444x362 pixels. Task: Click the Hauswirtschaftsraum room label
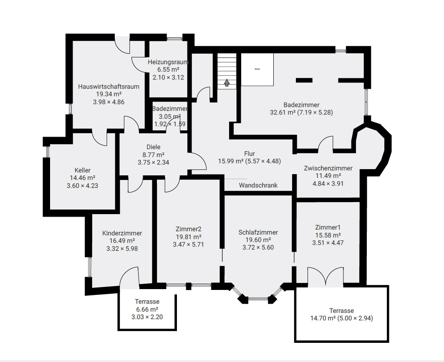108,87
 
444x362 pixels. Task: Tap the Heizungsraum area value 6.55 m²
168,70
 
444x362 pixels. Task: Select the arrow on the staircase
227,82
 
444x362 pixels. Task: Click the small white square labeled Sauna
257,70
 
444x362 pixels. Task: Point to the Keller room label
82,170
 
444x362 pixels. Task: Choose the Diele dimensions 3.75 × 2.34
153,162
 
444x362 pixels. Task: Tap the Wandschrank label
258,185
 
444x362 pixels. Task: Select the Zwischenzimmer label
328,168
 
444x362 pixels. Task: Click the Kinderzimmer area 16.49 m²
122,241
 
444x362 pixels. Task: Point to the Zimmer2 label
189,229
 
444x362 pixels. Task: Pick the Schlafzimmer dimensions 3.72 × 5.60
258,247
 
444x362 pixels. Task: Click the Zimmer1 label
328,227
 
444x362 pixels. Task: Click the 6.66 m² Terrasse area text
147,309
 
